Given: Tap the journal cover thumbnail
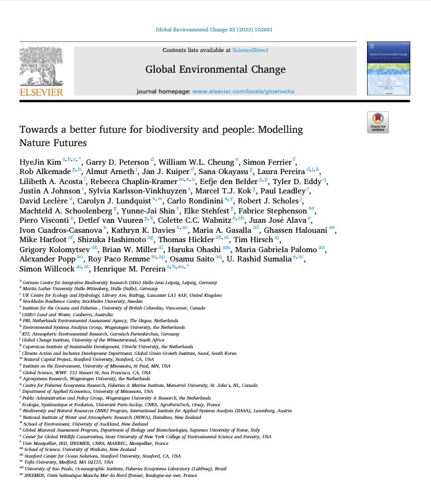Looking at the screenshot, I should click(x=388, y=69).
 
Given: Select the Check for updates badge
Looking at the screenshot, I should click(x=378, y=123).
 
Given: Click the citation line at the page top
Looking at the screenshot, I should click(x=215, y=30).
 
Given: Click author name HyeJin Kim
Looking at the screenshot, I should click(x=39, y=161).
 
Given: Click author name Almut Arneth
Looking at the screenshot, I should click(x=99, y=171).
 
